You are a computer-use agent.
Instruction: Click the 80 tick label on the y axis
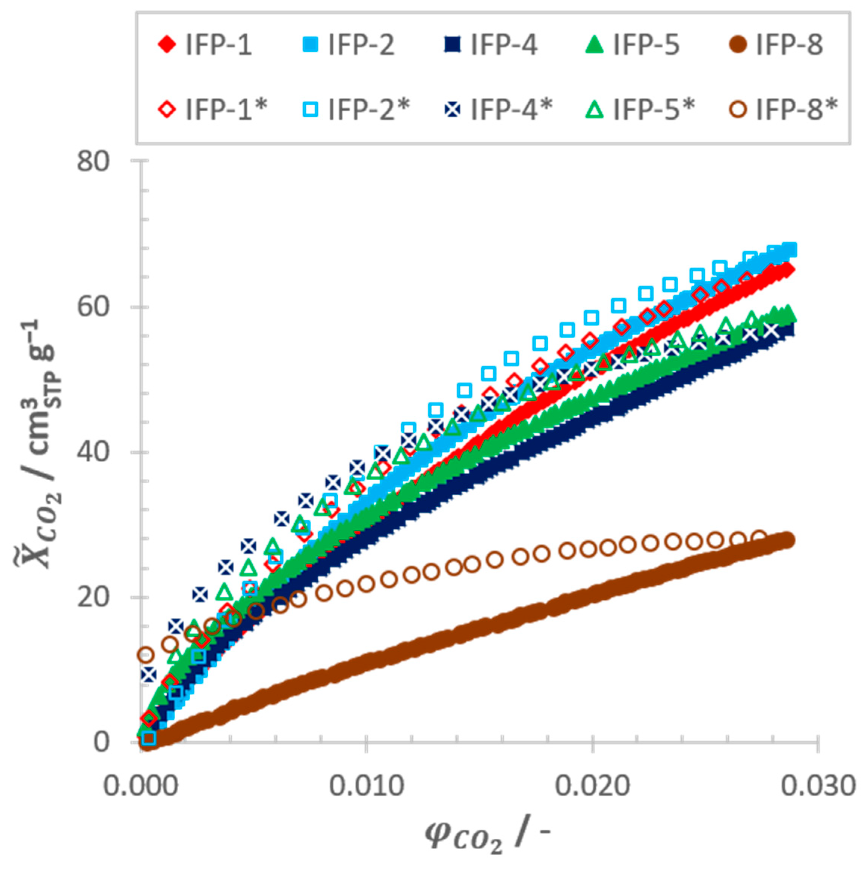93,161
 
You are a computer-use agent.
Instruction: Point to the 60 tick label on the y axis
93,307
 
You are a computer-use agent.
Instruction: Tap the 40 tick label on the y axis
93,452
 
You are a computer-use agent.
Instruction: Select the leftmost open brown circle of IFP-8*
145,654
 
